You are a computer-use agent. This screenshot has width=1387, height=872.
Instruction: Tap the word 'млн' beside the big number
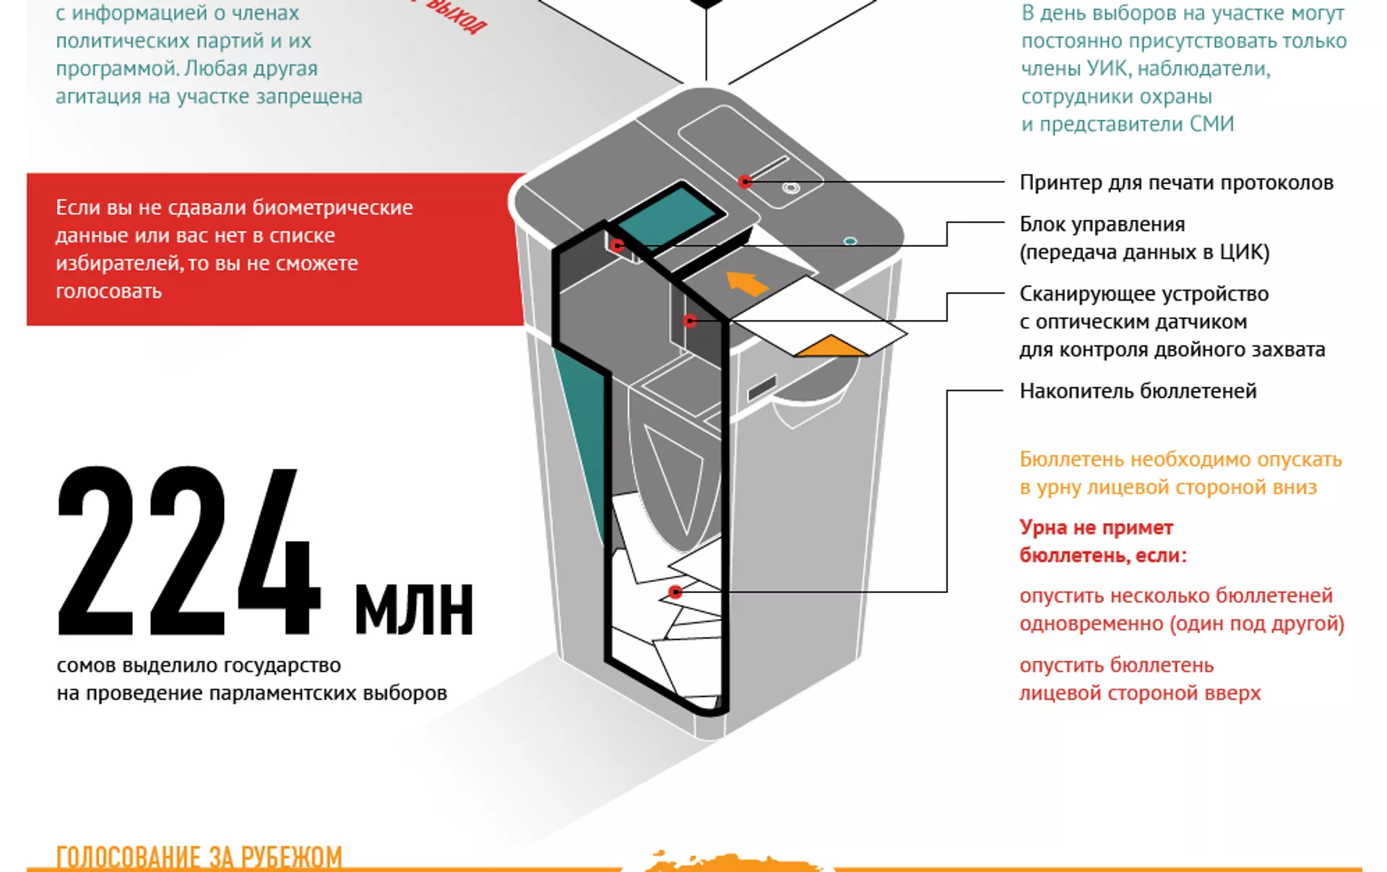click(x=414, y=608)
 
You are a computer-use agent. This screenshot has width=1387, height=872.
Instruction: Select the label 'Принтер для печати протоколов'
click(x=1176, y=183)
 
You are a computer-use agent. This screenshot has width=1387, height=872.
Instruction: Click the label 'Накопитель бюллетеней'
click(x=1138, y=391)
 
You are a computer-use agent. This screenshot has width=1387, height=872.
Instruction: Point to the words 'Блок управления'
click(x=1102, y=224)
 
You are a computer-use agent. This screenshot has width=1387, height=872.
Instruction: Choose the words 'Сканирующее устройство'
click(x=1144, y=293)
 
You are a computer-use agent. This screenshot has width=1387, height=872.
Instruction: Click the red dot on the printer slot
click(x=745, y=182)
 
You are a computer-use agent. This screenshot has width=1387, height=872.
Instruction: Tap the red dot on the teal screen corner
click(x=617, y=246)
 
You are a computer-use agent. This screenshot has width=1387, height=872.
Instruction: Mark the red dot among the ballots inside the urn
click(x=675, y=592)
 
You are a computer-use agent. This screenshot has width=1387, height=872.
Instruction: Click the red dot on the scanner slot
click(x=690, y=321)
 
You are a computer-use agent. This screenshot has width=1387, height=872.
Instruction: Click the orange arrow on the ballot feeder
click(x=746, y=282)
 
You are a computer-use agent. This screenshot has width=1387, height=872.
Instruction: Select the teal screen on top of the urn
click(x=670, y=216)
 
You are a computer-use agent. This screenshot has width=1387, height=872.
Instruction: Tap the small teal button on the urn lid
click(x=850, y=241)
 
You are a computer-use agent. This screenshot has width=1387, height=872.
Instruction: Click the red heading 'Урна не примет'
click(x=1096, y=527)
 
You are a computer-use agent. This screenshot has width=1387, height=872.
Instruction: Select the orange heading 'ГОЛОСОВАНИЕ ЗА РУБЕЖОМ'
click(x=199, y=857)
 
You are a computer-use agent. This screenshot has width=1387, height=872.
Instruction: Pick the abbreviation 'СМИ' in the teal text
click(x=1211, y=124)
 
